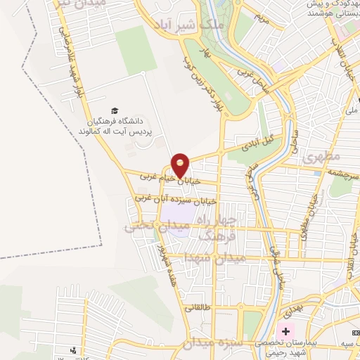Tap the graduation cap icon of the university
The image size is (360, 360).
(x=115, y=110)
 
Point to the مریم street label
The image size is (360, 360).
(x=262, y=16)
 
